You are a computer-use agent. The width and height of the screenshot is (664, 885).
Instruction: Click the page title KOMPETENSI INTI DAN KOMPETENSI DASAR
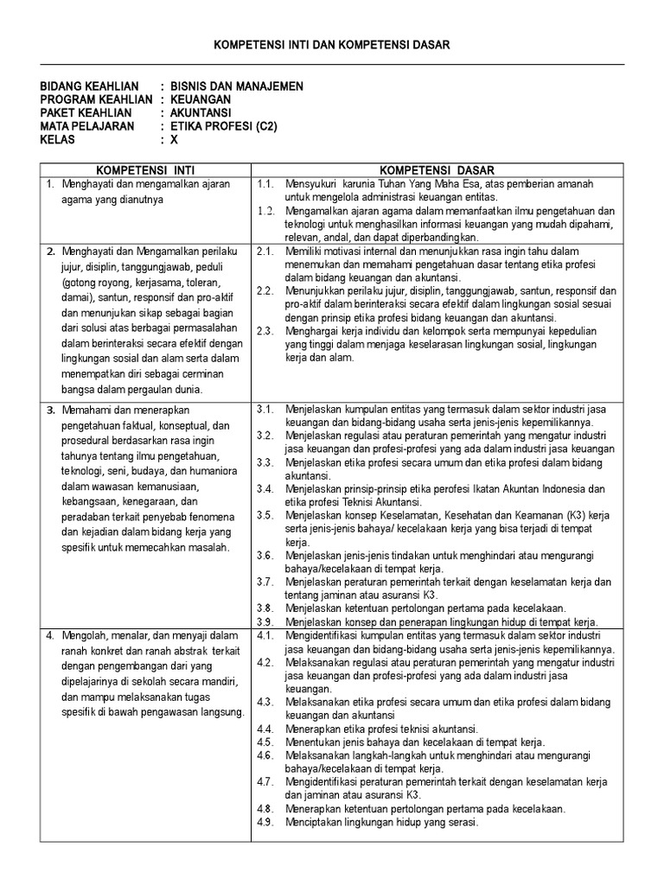332,44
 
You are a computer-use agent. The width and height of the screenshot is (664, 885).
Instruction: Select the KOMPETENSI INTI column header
144,170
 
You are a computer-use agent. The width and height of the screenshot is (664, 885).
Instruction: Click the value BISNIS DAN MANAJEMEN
236,87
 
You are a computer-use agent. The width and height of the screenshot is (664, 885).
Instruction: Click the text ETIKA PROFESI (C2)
220,125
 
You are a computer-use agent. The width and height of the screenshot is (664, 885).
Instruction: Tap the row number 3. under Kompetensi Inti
51,409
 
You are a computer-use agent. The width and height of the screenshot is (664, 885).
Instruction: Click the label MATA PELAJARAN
88,125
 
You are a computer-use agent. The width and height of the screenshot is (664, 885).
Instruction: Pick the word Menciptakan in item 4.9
316,822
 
